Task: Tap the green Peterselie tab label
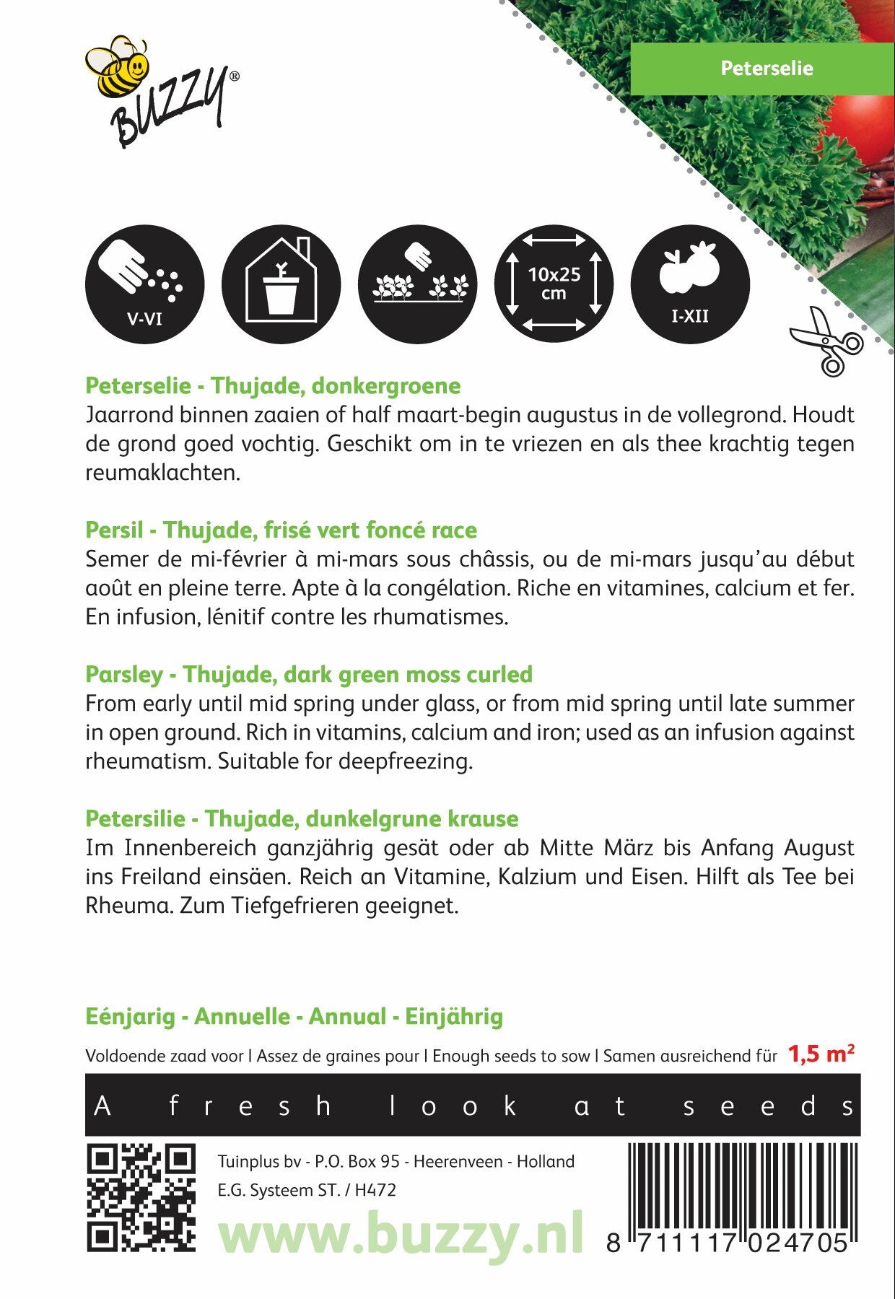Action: point(766,69)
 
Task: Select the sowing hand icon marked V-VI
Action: point(144,284)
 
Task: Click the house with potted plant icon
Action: point(281,284)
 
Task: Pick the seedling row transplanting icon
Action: point(417,284)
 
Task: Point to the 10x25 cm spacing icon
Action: point(554,284)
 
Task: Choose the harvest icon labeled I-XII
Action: point(690,284)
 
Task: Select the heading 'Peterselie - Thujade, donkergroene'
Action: point(273,385)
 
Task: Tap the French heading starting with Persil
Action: point(281,530)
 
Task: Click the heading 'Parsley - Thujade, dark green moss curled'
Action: point(308,674)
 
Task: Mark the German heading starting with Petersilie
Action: point(302,818)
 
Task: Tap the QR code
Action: point(141,1198)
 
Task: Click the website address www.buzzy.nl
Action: point(401,1234)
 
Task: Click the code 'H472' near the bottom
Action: point(375,1190)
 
